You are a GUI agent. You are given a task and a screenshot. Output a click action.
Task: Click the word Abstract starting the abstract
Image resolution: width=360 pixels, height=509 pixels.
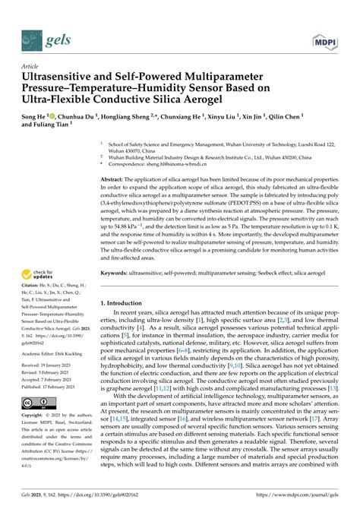coord(115,179)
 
